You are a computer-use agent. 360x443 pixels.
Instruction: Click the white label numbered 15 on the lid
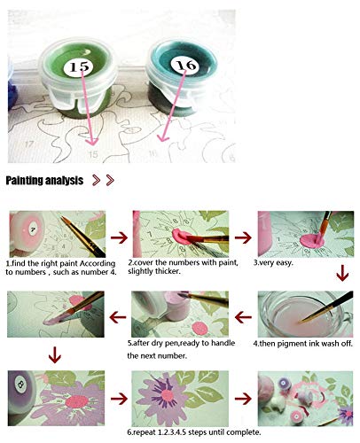[x=78, y=66]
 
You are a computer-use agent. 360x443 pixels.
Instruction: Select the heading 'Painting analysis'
[x=44, y=180]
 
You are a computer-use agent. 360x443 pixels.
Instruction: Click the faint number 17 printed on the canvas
[x=28, y=144]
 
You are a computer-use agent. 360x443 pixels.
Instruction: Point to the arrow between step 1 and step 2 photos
[x=119, y=237]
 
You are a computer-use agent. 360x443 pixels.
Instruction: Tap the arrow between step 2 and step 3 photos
[x=243, y=237]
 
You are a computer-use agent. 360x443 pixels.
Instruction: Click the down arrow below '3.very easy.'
[x=342, y=273]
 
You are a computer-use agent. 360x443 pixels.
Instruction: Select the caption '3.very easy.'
[x=273, y=262]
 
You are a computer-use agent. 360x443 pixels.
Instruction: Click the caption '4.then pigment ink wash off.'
[x=303, y=344]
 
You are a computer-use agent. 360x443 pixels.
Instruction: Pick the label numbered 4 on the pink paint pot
[x=33, y=229]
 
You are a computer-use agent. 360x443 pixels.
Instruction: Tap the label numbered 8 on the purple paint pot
[x=21, y=385]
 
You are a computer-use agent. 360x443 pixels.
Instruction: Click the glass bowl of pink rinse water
[x=304, y=315]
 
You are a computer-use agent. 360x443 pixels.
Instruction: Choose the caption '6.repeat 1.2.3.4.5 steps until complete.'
[x=194, y=432]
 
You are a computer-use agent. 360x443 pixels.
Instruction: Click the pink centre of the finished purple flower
[x=168, y=395]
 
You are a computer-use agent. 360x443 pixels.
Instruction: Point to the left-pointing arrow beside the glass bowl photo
[x=243, y=317]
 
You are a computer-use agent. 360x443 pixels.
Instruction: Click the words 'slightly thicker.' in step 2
[x=154, y=271]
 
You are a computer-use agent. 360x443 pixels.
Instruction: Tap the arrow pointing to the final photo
[x=243, y=399]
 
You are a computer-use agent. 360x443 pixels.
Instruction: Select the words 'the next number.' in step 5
[x=157, y=355]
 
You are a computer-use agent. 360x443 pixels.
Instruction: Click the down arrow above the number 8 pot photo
[x=55, y=354]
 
